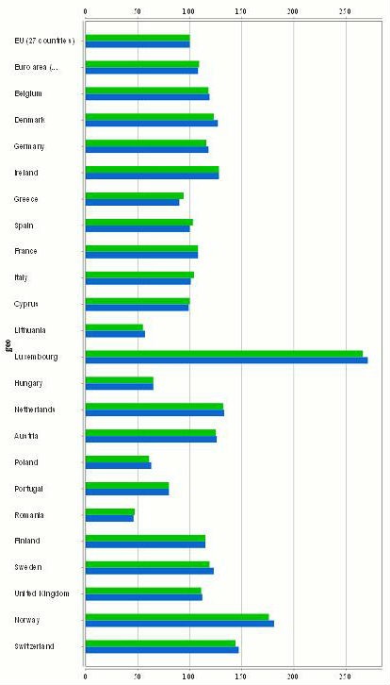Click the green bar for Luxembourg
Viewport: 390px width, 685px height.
[223, 354]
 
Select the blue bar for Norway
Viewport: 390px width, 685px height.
[179, 623]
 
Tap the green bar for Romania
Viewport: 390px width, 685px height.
[109, 511]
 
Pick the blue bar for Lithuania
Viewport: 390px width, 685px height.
[115, 334]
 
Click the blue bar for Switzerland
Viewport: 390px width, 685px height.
[161, 649]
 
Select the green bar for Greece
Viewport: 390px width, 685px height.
[134, 195]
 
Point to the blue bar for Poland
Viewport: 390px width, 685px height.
[118, 465]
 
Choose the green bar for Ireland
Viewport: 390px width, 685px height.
[152, 169]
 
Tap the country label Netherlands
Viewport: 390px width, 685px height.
[35, 409]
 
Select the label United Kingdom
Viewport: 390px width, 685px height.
[42, 593]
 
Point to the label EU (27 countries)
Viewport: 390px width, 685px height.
[44, 41]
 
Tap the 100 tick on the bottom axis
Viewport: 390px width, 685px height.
[188, 676]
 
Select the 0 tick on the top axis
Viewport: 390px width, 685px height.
[86, 11]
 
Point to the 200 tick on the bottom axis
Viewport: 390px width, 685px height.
[293, 676]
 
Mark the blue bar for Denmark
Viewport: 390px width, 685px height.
[151, 123]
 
